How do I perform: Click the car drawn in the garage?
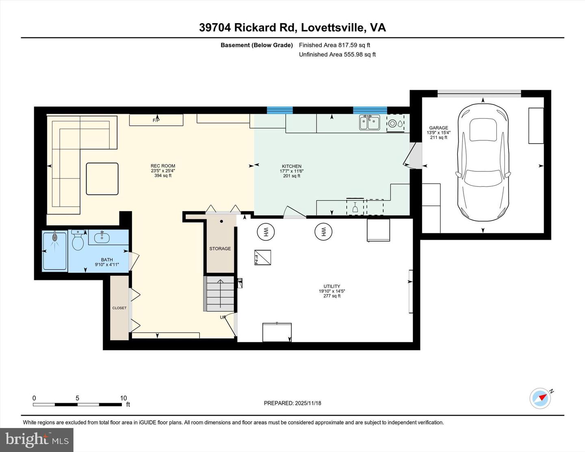[x=483, y=162]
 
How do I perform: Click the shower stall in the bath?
[x=55, y=250]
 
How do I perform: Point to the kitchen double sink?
[x=369, y=122]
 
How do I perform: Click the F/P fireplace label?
[x=156, y=120]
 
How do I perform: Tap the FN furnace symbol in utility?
[x=262, y=257]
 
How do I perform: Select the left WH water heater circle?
[x=266, y=232]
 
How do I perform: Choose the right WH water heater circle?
[x=323, y=232]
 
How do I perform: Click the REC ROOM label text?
[x=162, y=166]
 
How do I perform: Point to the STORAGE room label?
[x=220, y=249]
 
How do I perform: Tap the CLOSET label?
[x=119, y=308]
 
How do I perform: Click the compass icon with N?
[x=541, y=398]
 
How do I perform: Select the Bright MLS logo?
[x=37, y=440]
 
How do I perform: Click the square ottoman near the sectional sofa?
[x=102, y=179]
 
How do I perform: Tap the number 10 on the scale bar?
[x=123, y=398]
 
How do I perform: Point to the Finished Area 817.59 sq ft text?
[x=334, y=45]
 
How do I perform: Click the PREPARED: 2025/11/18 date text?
[x=292, y=403]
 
